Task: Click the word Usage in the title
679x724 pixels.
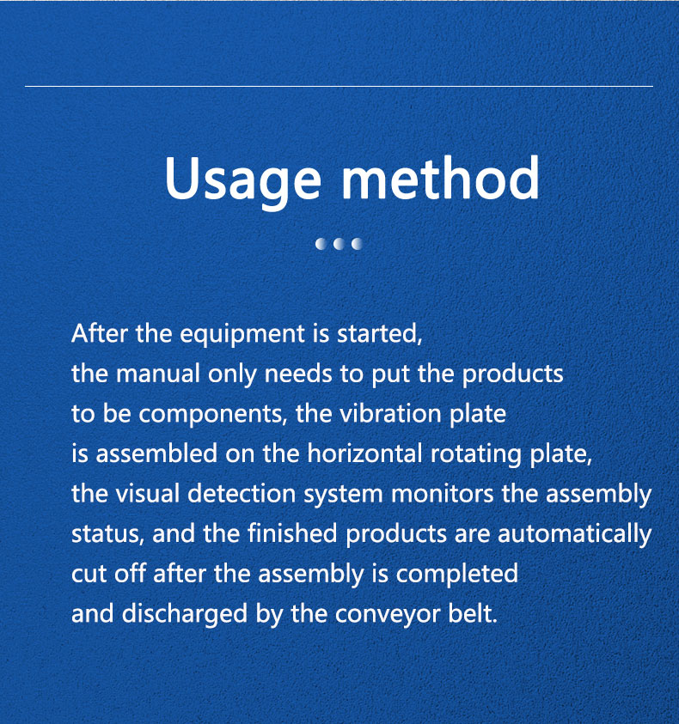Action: [x=242, y=181]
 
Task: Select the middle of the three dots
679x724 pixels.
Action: [x=339, y=243]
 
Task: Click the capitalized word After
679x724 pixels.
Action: [x=99, y=332]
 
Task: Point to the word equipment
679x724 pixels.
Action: [x=242, y=334]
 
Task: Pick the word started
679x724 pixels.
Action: [x=380, y=333]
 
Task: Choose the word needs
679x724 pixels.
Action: [x=298, y=374]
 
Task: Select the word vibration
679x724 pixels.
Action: [x=390, y=413]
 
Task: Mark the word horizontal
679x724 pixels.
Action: [x=364, y=453]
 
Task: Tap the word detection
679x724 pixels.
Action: [x=242, y=493]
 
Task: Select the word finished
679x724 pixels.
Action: [x=292, y=533]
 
